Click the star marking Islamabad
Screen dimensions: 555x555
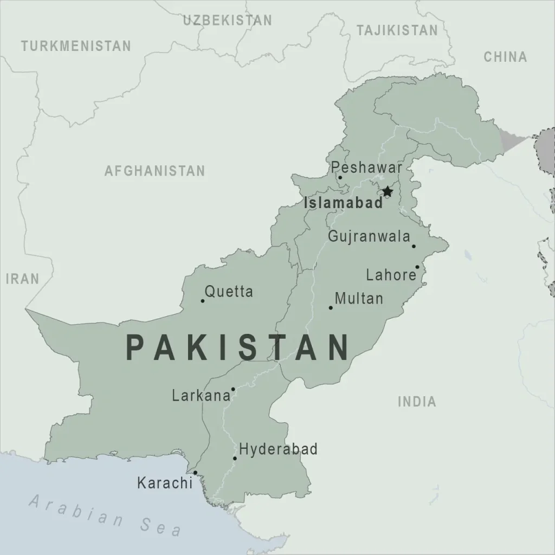coord(387,191)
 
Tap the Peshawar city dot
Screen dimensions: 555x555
coord(340,177)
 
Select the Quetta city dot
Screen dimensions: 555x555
coord(203,301)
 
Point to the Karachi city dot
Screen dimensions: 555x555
coord(195,473)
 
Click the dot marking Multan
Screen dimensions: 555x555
coord(331,308)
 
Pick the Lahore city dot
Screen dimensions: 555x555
coord(417,267)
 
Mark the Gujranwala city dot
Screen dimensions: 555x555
coord(414,246)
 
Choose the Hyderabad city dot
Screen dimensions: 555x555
coord(235,459)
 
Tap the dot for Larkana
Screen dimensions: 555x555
coord(233,389)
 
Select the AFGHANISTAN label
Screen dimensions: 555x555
coord(155,171)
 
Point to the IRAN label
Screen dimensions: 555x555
coord(23,279)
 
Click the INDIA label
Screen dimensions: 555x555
coord(417,402)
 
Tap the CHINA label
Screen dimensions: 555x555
coord(505,56)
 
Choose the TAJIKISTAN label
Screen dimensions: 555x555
coord(397,31)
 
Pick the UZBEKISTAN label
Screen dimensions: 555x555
coord(227,21)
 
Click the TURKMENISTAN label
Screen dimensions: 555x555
coord(76,46)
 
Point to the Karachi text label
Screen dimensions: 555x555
coord(165,482)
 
